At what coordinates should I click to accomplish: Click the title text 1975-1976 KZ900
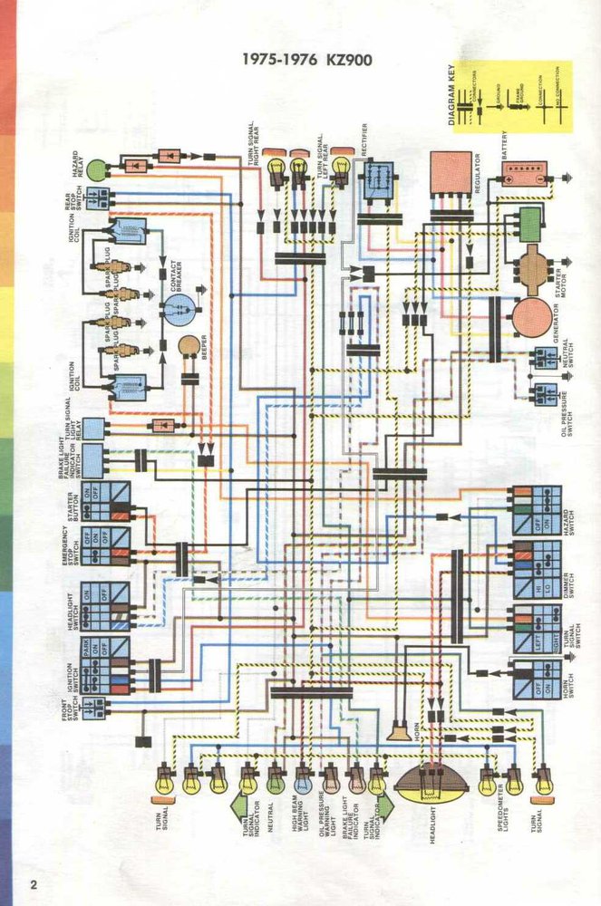point(307,61)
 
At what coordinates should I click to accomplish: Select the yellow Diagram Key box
point(509,96)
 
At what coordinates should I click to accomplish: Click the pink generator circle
point(529,314)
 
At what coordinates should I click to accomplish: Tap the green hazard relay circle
point(96,168)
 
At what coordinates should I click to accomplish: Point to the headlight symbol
point(431,782)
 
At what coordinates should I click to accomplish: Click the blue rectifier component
point(377,180)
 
